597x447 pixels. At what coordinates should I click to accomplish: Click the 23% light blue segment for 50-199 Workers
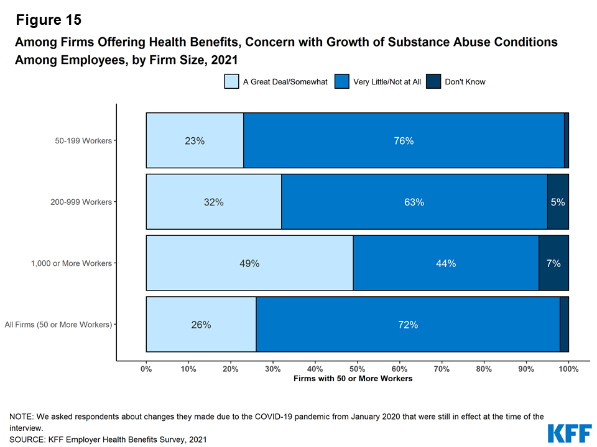point(195,140)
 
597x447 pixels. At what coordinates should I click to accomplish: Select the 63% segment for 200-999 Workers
point(414,202)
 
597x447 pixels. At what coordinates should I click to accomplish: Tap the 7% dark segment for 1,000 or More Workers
point(553,263)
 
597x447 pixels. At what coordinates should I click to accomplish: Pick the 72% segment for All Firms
point(408,324)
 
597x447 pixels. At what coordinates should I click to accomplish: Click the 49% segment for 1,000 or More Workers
point(249,263)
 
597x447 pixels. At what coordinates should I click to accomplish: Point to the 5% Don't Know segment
point(558,202)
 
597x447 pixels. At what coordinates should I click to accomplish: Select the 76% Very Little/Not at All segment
point(404,140)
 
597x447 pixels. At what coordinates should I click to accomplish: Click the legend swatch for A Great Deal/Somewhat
point(231,81)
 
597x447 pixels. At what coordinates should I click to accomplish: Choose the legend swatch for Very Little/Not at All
point(341,81)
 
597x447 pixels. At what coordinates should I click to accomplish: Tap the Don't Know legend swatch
point(433,81)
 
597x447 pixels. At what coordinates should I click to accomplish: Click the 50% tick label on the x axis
point(358,369)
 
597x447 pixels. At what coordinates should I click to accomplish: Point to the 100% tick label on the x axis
point(568,369)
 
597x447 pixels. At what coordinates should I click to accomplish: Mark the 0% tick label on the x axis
point(146,369)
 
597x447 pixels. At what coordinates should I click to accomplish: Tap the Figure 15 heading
point(49,20)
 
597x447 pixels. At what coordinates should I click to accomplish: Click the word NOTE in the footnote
point(21,417)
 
